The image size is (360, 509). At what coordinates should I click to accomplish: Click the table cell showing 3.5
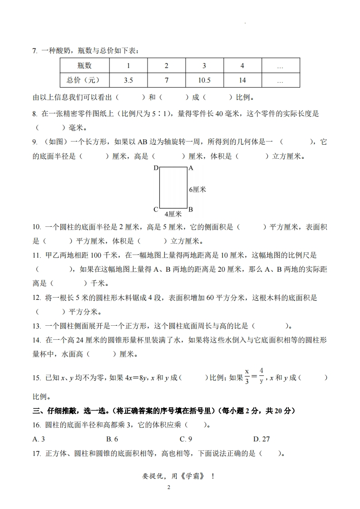pos(128,80)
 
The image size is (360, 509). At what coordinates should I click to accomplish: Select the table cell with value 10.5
pos(204,80)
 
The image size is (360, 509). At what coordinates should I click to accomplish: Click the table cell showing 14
pos(242,80)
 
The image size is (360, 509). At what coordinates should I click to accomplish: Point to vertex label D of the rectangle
pos(156,168)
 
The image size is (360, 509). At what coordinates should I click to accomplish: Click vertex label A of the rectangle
pos(191,168)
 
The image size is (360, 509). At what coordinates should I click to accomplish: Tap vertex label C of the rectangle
pos(156,210)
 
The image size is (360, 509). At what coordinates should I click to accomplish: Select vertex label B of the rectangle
pos(191,210)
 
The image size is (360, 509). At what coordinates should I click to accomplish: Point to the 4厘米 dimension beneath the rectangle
pos(173,214)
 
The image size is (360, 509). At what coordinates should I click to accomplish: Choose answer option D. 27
pos(261,439)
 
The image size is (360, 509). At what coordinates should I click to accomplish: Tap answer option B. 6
pos(112,439)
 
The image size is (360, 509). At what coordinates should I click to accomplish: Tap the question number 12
pos(37,298)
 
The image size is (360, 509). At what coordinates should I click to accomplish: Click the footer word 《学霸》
pos(192,476)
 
